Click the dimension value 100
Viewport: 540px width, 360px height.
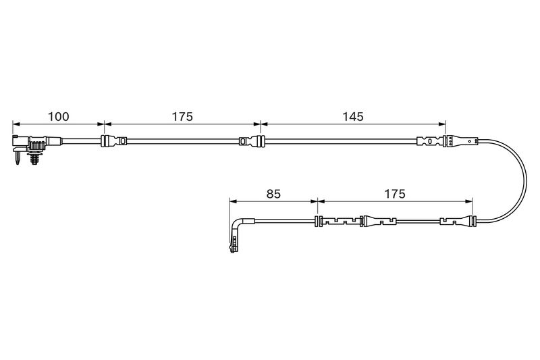58,117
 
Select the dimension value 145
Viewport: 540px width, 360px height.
353,117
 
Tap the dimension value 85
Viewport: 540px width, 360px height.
274,194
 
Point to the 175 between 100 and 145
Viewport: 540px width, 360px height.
182,117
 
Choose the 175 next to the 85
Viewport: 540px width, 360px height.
395,194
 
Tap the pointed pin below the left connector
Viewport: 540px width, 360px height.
18,158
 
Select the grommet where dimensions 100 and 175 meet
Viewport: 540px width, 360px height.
103,141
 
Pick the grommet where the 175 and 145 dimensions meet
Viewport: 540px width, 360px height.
260,141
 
